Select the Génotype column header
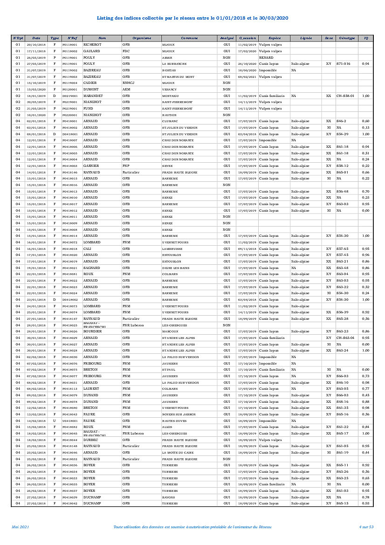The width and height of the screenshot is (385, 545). tap(347, 38)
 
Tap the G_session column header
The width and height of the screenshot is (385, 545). tap(247, 38)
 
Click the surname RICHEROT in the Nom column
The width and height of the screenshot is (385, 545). tap(92, 44)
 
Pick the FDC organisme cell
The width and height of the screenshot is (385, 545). tap(126, 51)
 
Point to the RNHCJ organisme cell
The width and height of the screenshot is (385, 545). tap(129, 83)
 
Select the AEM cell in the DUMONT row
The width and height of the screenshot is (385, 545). tap(126, 89)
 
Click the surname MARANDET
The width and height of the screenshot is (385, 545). tap(93, 96)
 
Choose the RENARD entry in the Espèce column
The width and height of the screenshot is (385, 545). tap(266, 57)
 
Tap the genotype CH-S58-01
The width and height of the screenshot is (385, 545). tap(345, 96)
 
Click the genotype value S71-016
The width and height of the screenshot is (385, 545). tap(343, 63)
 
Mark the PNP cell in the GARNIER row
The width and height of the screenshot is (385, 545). tap(126, 166)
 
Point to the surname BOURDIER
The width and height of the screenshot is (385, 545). tap(92, 331)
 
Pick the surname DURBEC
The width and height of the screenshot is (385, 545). tap(91, 440)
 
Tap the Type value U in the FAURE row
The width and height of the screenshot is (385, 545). tap(55, 421)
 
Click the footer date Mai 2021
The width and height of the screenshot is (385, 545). tap(21, 527)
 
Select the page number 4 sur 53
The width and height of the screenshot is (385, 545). tap(366, 527)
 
